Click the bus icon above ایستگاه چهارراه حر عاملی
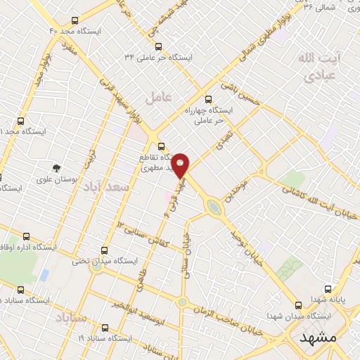(207, 99)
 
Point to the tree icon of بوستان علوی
(56, 168)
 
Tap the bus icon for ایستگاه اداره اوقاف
(27, 236)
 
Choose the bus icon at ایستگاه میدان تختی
(105, 250)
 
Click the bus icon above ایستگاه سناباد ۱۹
(105, 328)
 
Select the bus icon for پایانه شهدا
(328, 288)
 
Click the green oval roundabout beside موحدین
(213, 206)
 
